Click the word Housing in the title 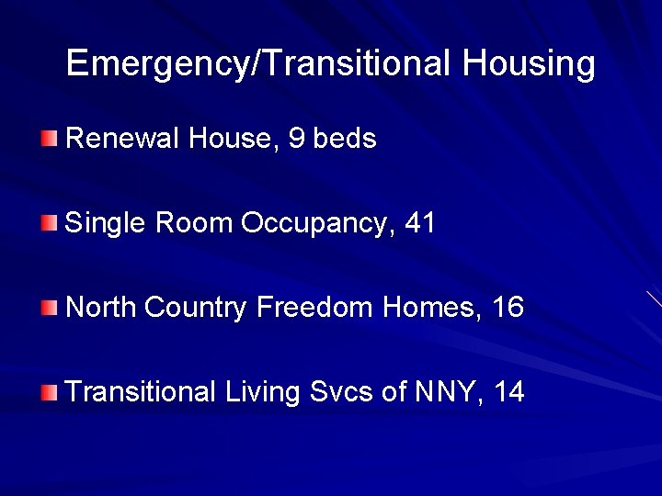pos(529,64)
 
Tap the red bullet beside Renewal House pos(49,140)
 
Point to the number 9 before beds pos(296,140)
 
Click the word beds pos(345,140)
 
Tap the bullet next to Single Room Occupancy pos(49,223)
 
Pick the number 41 pos(419,223)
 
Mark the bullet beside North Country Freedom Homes pos(49,307)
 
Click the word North pos(101,307)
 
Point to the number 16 pos(508,307)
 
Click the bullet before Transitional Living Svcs pos(49,392)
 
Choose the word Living pos(262,392)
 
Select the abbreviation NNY pos(448,392)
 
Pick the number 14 pos(509,392)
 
